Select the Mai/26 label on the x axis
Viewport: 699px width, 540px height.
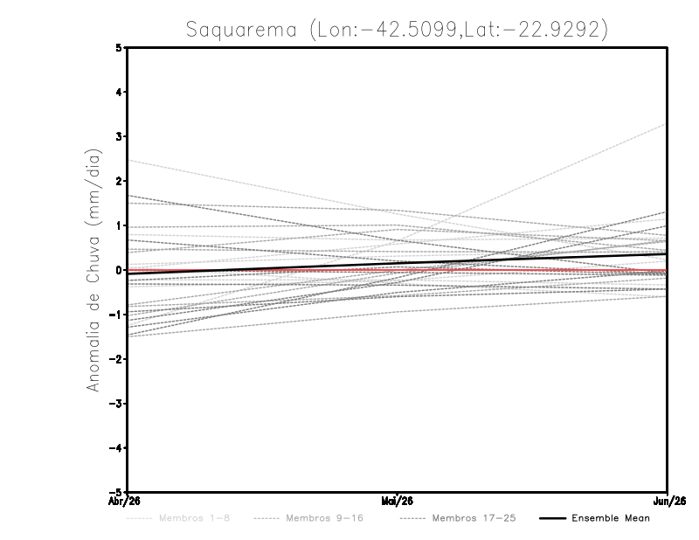point(398,501)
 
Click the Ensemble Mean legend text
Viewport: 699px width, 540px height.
point(610,518)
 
